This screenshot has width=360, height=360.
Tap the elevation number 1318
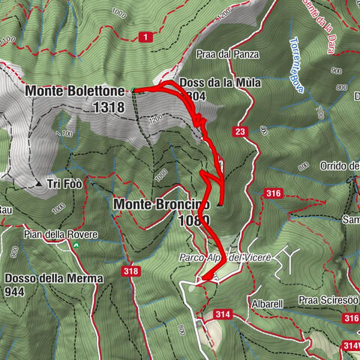109,107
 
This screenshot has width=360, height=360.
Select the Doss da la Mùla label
220,83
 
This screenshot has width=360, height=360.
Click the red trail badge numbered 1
144,35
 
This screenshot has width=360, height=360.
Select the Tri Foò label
65,183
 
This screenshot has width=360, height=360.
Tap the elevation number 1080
193,220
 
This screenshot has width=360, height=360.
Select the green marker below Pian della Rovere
95,235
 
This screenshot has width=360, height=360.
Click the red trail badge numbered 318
131,271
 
